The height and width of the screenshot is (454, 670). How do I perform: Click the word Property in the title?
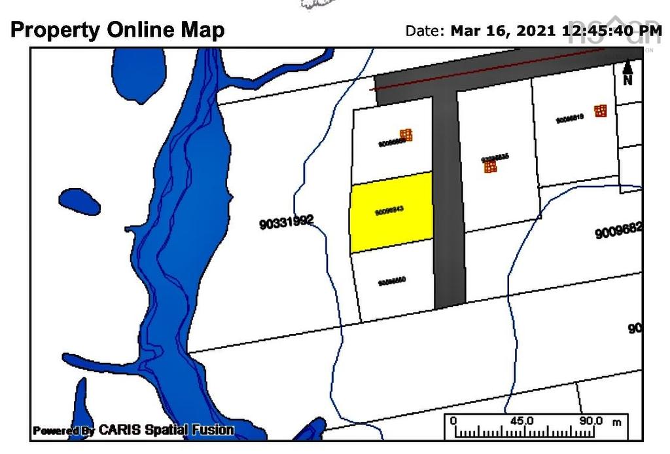click(x=55, y=29)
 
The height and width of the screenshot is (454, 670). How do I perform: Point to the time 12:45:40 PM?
click(x=612, y=30)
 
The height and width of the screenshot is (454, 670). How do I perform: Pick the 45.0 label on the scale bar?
click(x=521, y=421)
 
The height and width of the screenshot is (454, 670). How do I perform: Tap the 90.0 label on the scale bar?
click(x=591, y=421)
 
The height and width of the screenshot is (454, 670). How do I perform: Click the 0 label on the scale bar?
click(x=453, y=421)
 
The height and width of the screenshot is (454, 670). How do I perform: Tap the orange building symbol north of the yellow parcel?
click(x=406, y=135)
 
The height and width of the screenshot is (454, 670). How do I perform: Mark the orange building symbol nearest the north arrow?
click(x=600, y=111)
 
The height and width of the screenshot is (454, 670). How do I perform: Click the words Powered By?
click(x=63, y=430)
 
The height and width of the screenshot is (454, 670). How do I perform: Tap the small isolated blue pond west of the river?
click(x=79, y=201)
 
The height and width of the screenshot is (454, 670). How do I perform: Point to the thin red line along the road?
click(x=497, y=75)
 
